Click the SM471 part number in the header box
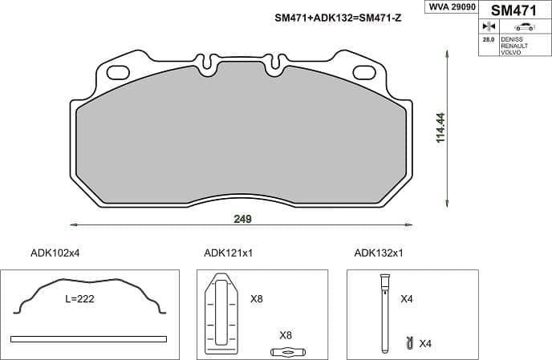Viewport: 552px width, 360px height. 513,10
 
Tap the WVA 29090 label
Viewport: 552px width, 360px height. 452,6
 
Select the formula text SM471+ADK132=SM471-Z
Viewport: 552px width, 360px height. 338,18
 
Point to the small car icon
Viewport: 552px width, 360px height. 524,26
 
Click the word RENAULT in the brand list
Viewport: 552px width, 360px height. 514,46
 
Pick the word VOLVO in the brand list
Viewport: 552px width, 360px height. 511,52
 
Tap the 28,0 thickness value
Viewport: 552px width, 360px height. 489,39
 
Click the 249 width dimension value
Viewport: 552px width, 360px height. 243,219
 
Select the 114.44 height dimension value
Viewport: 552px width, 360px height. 440,127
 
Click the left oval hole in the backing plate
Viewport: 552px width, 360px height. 118,72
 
